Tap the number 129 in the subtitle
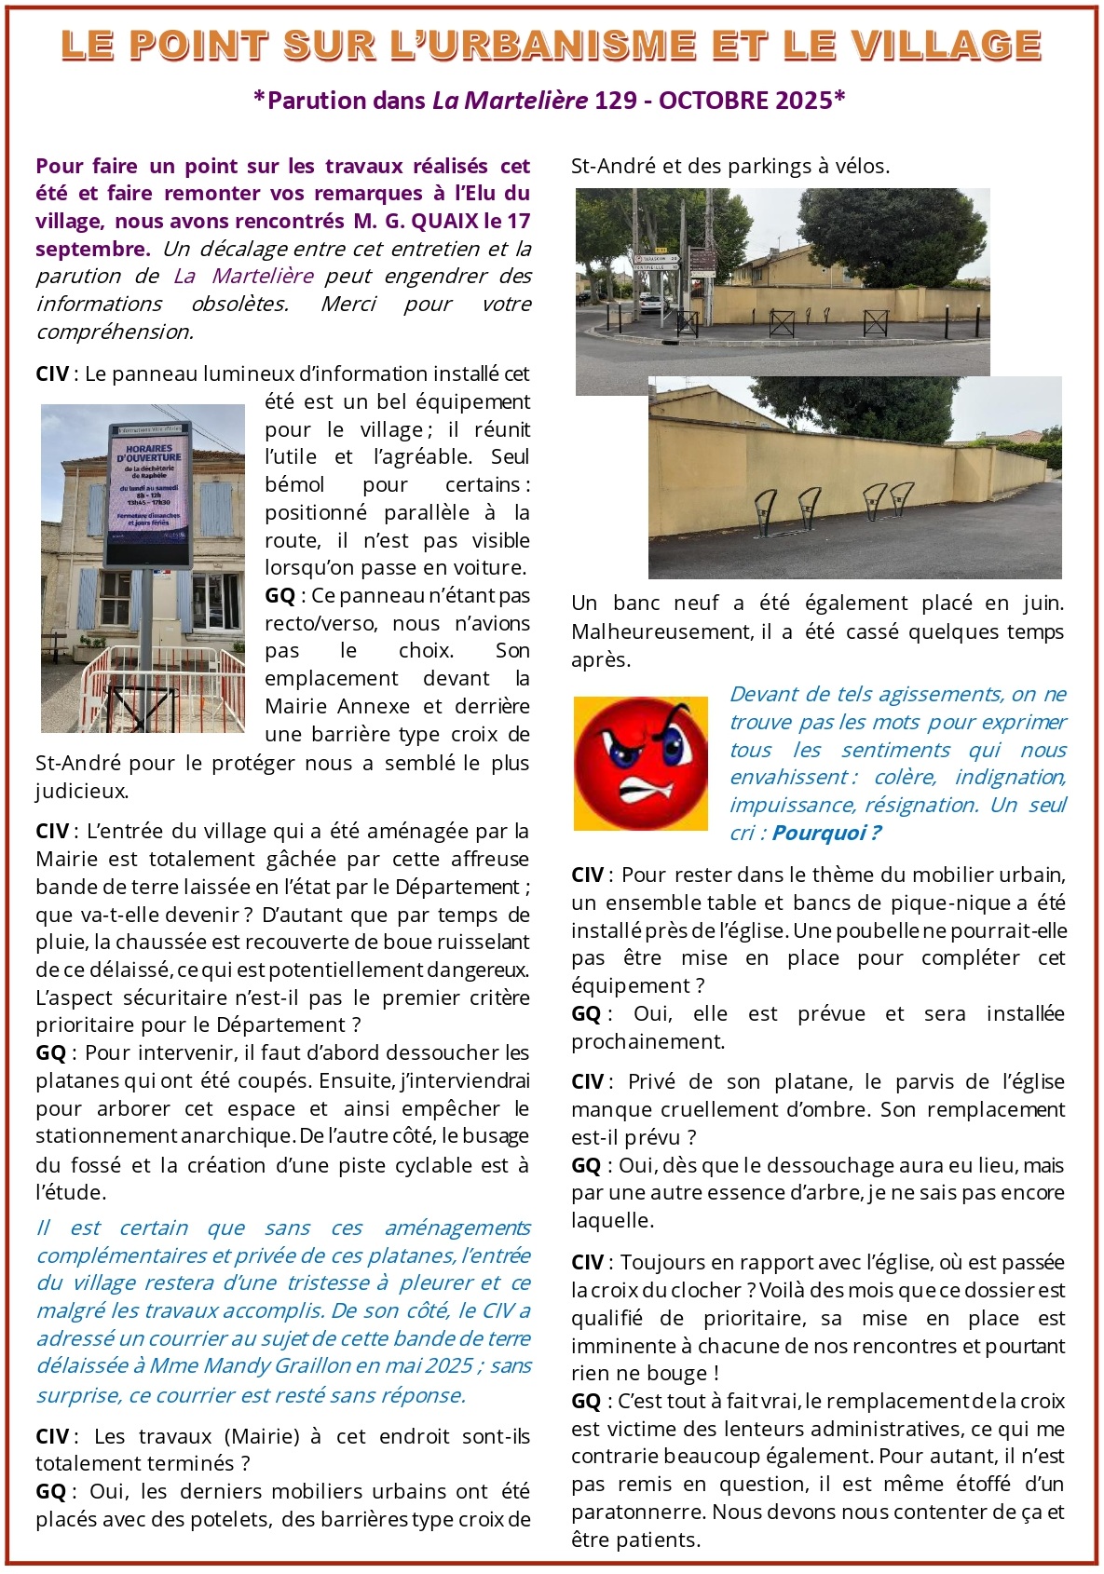pyautogui.click(x=615, y=101)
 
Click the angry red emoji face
pyautogui.click(x=641, y=764)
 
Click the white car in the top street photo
pyautogui.click(x=651, y=302)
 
